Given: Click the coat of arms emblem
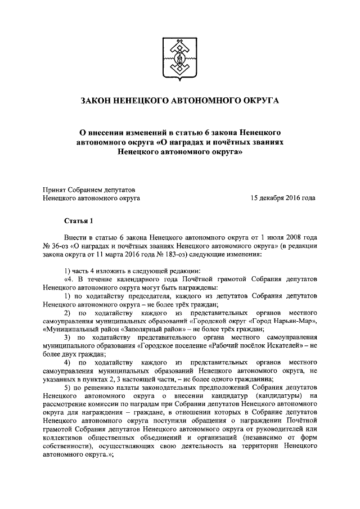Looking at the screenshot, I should click(x=179, y=56).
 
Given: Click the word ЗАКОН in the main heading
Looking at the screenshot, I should click(x=97, y=101).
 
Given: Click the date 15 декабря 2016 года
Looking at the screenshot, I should click(x=282, y=198).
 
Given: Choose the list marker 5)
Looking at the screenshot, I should click(x=68, y=389).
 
